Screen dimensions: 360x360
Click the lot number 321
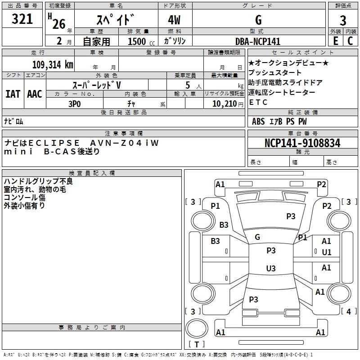(22, 19)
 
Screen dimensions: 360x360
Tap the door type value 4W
(175, 20)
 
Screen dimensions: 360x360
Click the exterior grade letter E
(335, 41)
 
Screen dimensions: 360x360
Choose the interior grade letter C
(350, 41)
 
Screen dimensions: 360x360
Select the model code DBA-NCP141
(258, 41)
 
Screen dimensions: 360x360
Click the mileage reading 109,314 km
(53, 65)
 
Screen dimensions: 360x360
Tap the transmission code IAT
(13, 94)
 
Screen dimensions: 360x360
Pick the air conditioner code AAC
(35, 94)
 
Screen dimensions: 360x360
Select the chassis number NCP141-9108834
(302, 143)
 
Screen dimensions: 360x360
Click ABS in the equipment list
(258, 121)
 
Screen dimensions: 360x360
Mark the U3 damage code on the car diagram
(270, 269)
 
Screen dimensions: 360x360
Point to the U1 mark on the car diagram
(327, 252)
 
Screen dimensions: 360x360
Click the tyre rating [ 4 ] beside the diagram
(349, 311)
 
